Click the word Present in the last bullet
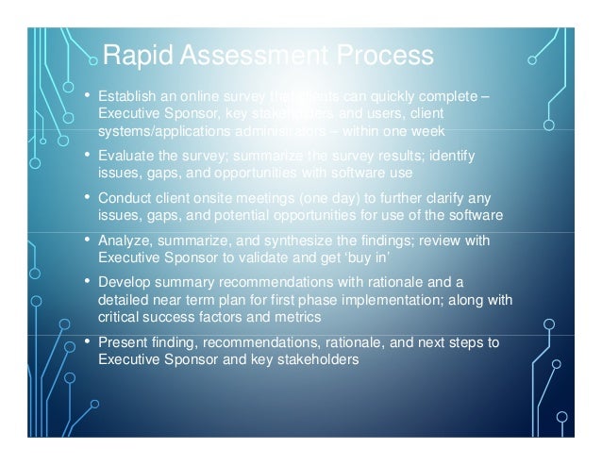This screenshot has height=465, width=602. (x=123, y=342)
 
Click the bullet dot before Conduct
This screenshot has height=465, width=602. (x=88, y=197)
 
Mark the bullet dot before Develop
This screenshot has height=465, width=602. (x=88, y=282)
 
